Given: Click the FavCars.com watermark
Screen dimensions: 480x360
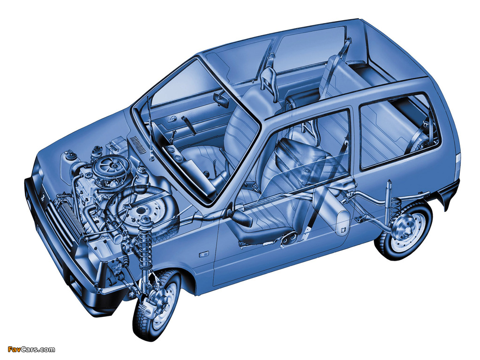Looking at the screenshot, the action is coord(31,349).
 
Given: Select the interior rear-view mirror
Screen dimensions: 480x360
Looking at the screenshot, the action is coord(221,99).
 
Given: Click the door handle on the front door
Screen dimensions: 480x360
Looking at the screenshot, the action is coord(203,254).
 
